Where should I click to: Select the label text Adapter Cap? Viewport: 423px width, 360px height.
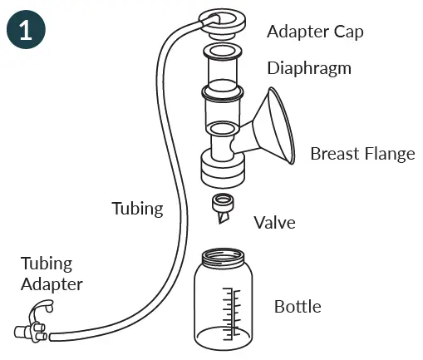(315, 32)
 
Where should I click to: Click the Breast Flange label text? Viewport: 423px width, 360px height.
(362, 154)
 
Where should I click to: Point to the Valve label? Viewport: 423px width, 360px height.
(274, 222)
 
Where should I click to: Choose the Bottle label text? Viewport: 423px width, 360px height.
(297, 307)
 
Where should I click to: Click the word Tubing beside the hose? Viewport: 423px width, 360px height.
(138, 208)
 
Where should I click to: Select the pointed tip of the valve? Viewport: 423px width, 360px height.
(222, 221)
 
